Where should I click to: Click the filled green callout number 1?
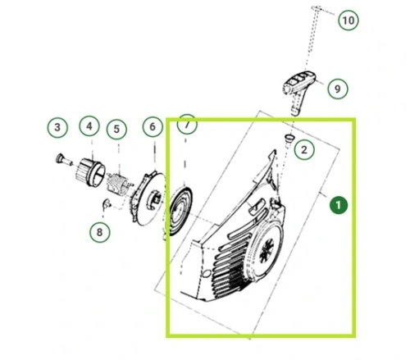339,205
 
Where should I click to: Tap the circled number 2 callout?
304,150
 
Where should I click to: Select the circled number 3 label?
57,127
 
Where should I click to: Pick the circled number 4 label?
89,126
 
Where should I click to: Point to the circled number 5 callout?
116,129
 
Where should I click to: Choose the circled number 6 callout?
153,126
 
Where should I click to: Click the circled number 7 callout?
187,125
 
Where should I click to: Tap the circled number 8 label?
99,232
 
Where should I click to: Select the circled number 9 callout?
338,89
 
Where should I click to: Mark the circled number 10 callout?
348,21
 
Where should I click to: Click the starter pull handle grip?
298,88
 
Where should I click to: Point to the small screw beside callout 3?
63,160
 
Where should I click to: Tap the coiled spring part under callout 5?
119,185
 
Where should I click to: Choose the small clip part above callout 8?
106,204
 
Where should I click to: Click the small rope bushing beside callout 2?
289,138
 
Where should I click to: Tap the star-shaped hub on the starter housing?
266,251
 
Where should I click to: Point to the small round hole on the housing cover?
207,273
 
